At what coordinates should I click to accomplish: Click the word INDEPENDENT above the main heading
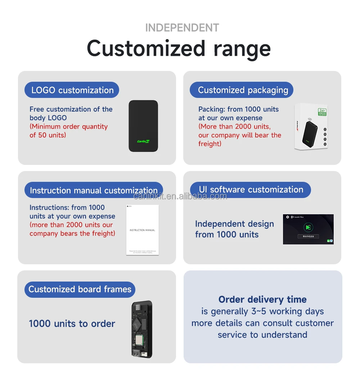coord(182,28)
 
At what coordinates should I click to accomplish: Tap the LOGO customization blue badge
coord(72,90)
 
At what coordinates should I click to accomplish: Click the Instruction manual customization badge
coord(94,190)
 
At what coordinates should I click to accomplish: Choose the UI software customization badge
coord(251,189)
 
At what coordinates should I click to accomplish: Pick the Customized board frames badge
coord(80,289)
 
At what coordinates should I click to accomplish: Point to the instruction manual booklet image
coord(143,230)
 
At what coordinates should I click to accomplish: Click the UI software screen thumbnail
coord(308,229)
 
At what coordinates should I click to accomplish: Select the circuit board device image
coord(141,329)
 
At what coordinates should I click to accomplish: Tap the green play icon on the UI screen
coord(308,227)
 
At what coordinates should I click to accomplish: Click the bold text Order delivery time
coord(262,300)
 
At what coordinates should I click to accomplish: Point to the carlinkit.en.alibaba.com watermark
coord(180,196)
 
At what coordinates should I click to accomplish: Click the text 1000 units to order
coord(72,324)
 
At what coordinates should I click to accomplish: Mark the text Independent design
coord(234,224)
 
